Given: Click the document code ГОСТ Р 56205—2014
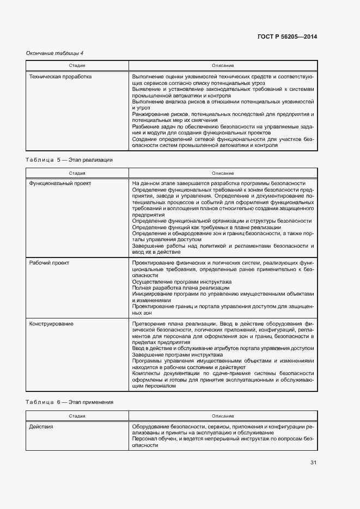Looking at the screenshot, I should [x=286, y=37].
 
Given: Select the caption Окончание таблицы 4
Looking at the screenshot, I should [x=55, y=53].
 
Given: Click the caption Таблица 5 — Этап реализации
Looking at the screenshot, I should [x=69, y=160].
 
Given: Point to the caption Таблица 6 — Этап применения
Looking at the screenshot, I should [x=69, y=402].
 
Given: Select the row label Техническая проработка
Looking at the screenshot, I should [x=60, y=77].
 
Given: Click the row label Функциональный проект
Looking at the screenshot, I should [x=60, y=183].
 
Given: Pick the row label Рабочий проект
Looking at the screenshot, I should [x=49, y=262].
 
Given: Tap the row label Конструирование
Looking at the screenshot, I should [x=51, y=323].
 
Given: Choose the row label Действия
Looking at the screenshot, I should [x=41, y=427].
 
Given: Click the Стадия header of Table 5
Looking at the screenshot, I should [x=77, y=173].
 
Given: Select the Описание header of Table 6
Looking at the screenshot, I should [x=223, y=415].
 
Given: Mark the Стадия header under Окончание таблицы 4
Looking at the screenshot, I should [x=77, y=66].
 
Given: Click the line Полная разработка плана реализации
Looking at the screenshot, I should [x=180, y=287].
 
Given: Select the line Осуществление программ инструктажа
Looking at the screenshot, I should [x=181, y=281].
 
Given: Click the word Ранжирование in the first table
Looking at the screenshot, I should [x=148, y=114].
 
